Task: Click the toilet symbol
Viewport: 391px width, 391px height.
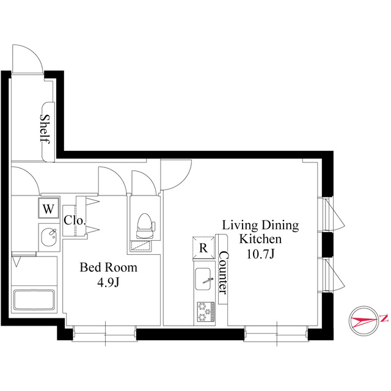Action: (145, 226)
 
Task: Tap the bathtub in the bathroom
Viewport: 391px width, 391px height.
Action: (34, 299)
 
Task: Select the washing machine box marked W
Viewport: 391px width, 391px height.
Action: (48, 208)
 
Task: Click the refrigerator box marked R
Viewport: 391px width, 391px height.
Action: (203, 247)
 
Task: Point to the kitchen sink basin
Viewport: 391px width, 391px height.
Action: (202, 279)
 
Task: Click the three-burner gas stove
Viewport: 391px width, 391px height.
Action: (206, 312)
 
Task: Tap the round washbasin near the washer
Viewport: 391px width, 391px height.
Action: (49, 237)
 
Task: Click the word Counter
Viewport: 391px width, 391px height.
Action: (223, 272)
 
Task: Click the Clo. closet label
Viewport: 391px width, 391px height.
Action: (75, 221)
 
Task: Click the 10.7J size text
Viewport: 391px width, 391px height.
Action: (261, 254)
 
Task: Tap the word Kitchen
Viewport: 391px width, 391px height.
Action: (260, 239)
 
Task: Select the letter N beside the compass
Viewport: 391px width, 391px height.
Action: (384, 318)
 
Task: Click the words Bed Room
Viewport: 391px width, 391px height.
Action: (109, 268)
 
